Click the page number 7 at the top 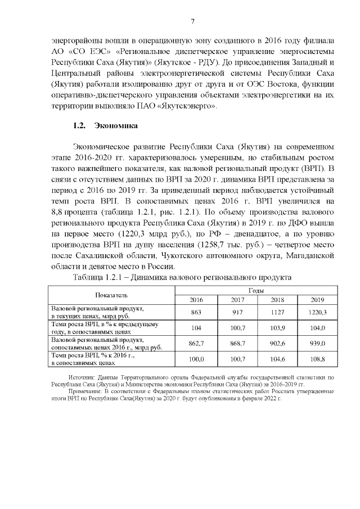coord(192,21)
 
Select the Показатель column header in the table coord(111,295)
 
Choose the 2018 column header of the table coord(277,300)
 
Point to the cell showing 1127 coord(277,312)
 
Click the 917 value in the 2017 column coord(237,312)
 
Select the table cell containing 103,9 coord(277,327)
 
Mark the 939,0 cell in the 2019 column coord(318,343)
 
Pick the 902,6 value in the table coord(277,343)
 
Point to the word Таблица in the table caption coord(90,278)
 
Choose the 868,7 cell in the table coord(237,343)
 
